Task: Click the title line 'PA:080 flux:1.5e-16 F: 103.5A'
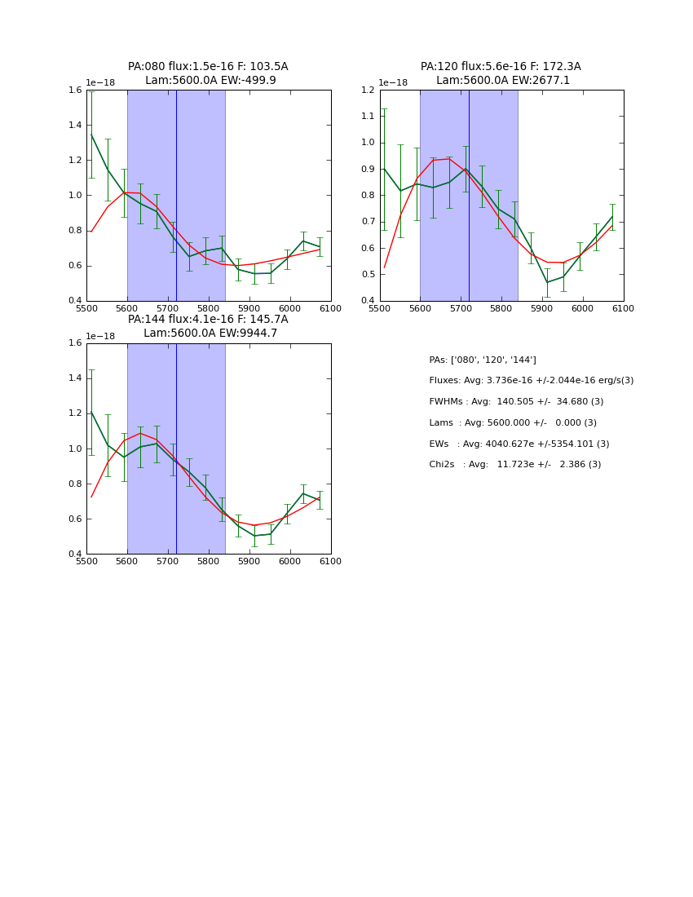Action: (208, 67)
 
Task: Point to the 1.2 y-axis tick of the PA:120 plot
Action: (369, 91)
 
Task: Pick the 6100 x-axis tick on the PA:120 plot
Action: (624, 307)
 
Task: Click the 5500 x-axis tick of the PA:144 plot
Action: (86, 561)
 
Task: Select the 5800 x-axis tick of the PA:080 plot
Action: (209, 307)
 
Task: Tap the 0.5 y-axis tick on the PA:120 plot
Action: (369, 275)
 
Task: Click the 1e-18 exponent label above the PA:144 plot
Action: (100, 337)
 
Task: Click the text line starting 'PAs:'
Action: (483, 360)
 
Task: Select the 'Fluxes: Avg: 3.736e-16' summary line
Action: (531, 381)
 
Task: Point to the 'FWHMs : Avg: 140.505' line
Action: (516, 402)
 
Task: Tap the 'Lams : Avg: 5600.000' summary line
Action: (513, 423)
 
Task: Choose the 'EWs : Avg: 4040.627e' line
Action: (519, 444)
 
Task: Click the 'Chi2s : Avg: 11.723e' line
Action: (515, 465)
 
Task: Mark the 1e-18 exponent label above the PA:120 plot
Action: (393, 83)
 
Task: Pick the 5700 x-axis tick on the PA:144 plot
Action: (168, 561)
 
